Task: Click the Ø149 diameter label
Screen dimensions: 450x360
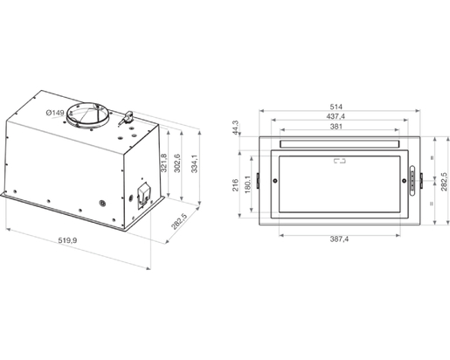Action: click(55, 113)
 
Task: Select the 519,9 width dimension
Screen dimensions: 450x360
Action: click(67, 240)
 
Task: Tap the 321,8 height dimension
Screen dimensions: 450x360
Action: click(163, 163)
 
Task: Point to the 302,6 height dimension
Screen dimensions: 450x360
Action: click(177, 163)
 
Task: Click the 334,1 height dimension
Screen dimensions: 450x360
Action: click(194, 163)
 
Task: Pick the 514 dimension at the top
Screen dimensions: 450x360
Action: click(336, 107)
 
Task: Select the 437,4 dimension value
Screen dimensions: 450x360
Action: click(336, 116)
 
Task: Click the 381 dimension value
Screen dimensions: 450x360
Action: click(336, 127)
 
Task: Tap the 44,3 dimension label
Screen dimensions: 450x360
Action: click(236, 128)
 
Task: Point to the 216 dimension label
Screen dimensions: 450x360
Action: click(235, 185)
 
